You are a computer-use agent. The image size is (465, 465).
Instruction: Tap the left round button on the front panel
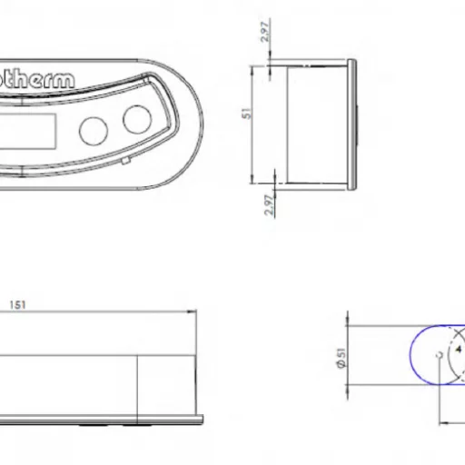coord(94,130)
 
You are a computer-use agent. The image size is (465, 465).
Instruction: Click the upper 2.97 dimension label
coord(264,33)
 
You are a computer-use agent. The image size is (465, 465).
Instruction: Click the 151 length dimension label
coord(17,305)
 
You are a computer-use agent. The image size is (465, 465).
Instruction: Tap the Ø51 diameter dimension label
coord(340,360)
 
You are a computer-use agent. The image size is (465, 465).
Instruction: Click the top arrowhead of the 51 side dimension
coord(272,69)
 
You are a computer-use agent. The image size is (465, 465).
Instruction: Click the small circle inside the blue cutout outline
coord(439,354)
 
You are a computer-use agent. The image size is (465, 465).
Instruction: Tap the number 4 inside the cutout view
coord(457,348)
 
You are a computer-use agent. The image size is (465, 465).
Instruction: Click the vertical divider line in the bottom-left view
coord(137,385)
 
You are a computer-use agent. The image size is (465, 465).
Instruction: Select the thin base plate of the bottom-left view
coord(100,419)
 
